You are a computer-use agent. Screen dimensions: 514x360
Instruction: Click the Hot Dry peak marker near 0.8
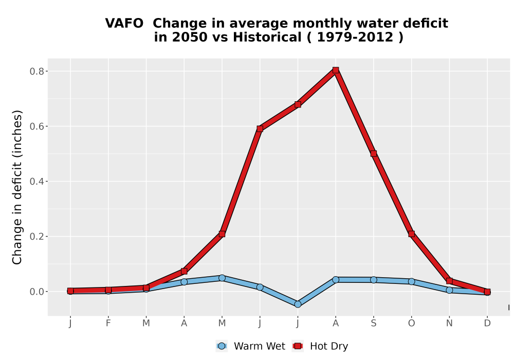pyautogui.click(x=335, y=70)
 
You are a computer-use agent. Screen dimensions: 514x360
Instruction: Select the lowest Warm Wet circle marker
pyautogui.click(x=298, y=304)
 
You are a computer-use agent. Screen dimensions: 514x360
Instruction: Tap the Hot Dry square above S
pyautogui.click(x=373, y=153)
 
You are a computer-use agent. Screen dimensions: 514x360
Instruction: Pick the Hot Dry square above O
pyautogui.click(x=411, y=234)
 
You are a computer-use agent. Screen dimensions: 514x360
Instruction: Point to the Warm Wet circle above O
pyautogui.click(x=411, y=281)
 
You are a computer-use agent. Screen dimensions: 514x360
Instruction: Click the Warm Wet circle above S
pyautogui.click(x=373, y=280)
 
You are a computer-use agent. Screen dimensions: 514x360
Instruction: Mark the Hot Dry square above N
pyautogui.click(x=449, y=281)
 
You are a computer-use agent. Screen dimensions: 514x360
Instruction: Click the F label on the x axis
pyautogui.click(x=108, y=323)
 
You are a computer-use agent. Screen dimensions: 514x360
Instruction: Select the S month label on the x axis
pyautogui.click(x=373, y=323)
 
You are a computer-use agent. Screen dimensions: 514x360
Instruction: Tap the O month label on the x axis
pyautogui.click(x=411, y=323)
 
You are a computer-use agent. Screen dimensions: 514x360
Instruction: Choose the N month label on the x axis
pyautogui.click(x=449, y=323)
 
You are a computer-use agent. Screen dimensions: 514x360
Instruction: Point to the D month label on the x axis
pyautogui.click(x=487, y=323)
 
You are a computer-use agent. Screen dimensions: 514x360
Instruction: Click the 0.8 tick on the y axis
pyautogui.click(x=36, y=71)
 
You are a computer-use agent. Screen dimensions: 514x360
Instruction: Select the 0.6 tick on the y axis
pyautogui.click(x=36, y=127)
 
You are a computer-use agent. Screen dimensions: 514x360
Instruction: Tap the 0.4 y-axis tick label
pyautogui.click(x=36, y=182)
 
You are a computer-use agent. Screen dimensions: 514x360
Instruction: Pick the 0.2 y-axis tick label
pyautogui.click(x=36, y=237)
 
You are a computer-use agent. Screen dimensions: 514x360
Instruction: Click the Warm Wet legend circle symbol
pyautogui.click(x=222, y=346)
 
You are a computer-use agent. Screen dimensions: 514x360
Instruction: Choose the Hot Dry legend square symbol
pyautogui.click(x=298, y=346)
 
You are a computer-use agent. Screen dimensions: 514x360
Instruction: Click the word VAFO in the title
pyautogui.click(x=124, y=23)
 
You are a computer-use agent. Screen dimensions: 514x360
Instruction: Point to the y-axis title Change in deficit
pyautogui.click(x=17, y=187)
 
